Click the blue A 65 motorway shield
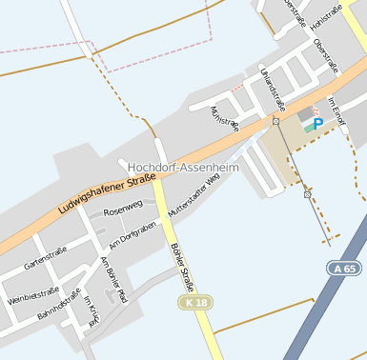point(347,269)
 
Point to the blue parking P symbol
point(317,124)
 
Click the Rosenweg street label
point(122,207)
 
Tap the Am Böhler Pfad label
point(113,274)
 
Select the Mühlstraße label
point(225,119)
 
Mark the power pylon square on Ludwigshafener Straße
point(275,122)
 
